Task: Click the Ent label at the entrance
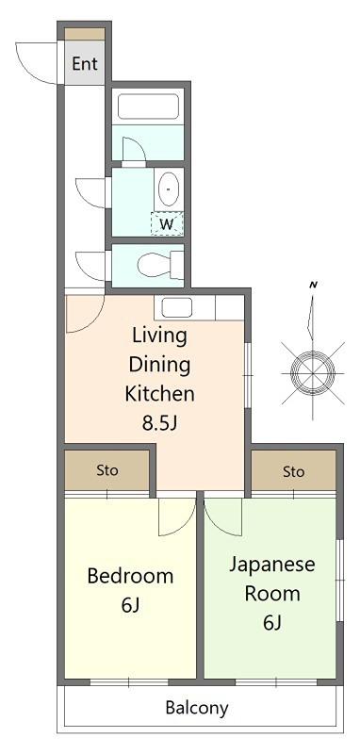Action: coord(85,63)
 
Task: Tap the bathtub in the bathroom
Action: coord(148,107)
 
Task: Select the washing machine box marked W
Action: coord(167,223)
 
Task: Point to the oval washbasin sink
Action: coord(169,189)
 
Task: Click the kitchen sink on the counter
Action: coord(177,308)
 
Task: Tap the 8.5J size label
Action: coord(160,422)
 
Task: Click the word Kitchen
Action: coord(159,394)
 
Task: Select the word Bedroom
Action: coord(130,576)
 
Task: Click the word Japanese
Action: coord(271,564)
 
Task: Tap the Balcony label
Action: coord(197,708)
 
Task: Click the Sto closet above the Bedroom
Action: coord(106,470)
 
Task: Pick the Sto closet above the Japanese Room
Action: coord(293,471)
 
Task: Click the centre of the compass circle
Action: coord(313,373)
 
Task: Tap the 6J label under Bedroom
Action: coord(130,605)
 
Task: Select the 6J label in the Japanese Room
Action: coord(271,623)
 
